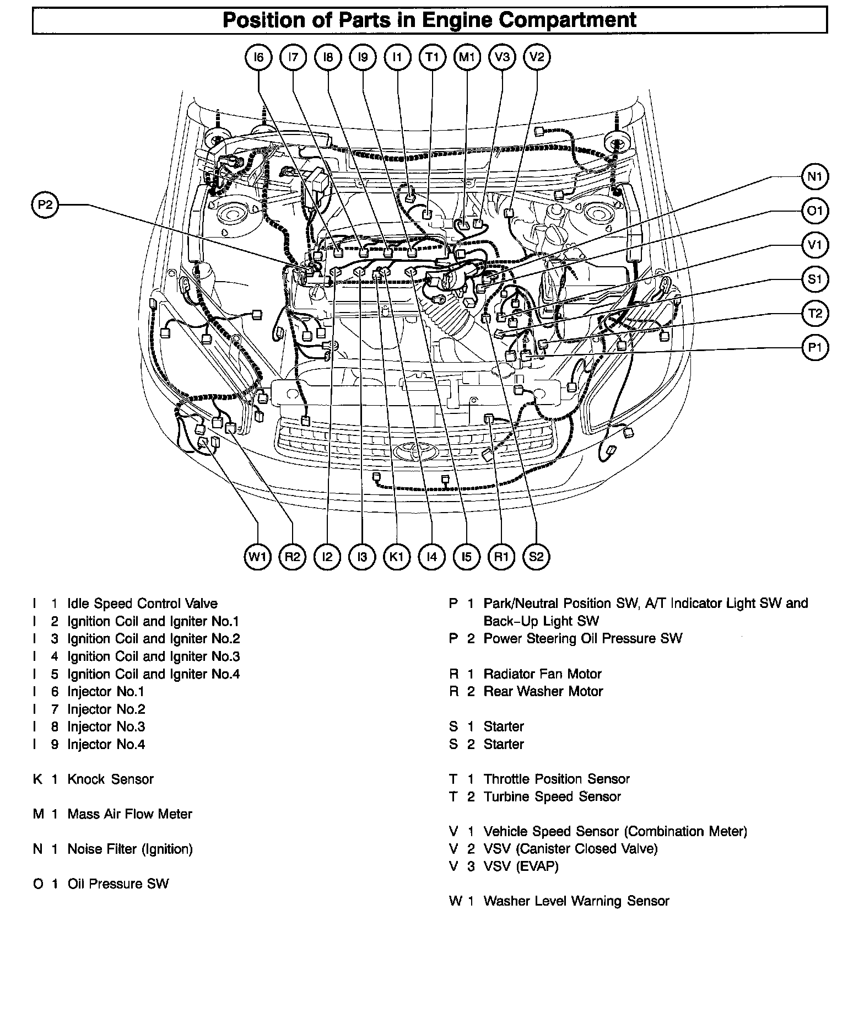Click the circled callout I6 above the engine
point(258,57)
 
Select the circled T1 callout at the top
point(432,57)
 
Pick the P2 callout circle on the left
point(45,205)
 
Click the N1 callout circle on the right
point(814,176)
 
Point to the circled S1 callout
point(814,279)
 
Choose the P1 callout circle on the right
point(814,348)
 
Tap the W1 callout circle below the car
point(257,556)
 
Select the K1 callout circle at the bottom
point(397,556)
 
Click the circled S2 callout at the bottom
point(536,556)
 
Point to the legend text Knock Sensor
point(110,779)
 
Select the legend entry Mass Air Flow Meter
point(129,814)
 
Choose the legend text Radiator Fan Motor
point(542,674)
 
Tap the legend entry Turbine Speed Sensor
point(552,796)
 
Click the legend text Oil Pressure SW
point(118,884)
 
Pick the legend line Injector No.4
point(106,744)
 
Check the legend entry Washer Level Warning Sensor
point(576,901)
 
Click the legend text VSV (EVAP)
point(521,866)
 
